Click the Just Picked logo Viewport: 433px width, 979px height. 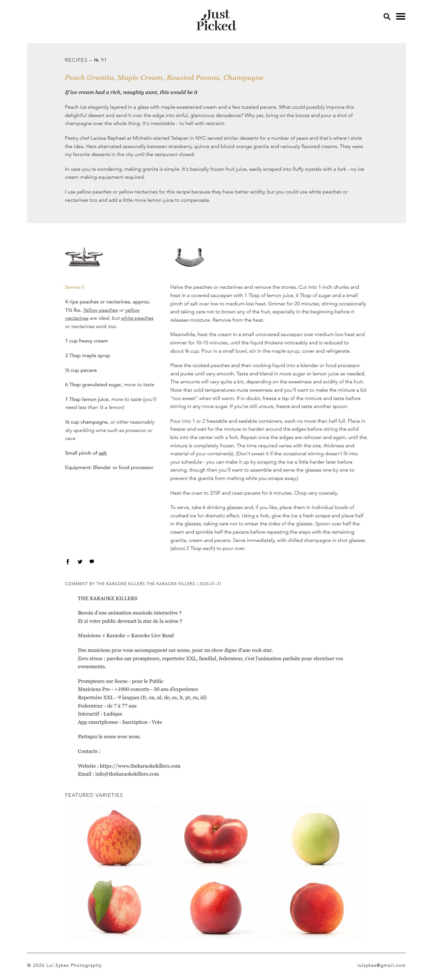[216, 20]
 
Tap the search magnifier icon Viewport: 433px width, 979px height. [387, 17]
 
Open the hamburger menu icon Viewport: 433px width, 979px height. [400, 16]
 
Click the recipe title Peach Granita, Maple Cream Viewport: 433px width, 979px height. [164, 77]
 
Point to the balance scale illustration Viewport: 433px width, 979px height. [84, 257]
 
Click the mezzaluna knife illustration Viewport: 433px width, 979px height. [190, 257]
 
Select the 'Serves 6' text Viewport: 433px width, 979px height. [75, 287]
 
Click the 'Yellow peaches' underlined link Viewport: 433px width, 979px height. [100, 310]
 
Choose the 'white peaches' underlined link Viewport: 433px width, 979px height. [137, 318]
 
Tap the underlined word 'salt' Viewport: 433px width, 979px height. [103, 453]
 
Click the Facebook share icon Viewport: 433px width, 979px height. [68, 562]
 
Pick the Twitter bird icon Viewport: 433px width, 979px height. [80, 562]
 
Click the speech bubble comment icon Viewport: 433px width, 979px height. [91, 561]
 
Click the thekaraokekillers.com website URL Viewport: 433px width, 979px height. [140, 766]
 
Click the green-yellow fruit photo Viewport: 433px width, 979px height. [315, 838]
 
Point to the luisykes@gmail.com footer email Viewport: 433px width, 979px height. [381, 965]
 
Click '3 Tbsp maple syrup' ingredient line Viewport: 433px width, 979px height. [87, 355]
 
